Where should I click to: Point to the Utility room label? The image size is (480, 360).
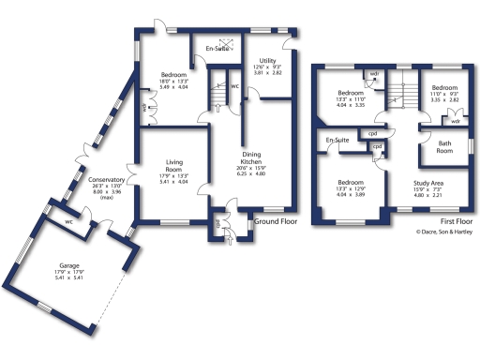266,60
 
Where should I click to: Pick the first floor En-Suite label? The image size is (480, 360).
338,142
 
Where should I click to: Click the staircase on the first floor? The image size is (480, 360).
398,94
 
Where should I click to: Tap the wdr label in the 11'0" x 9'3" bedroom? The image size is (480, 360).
455,121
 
